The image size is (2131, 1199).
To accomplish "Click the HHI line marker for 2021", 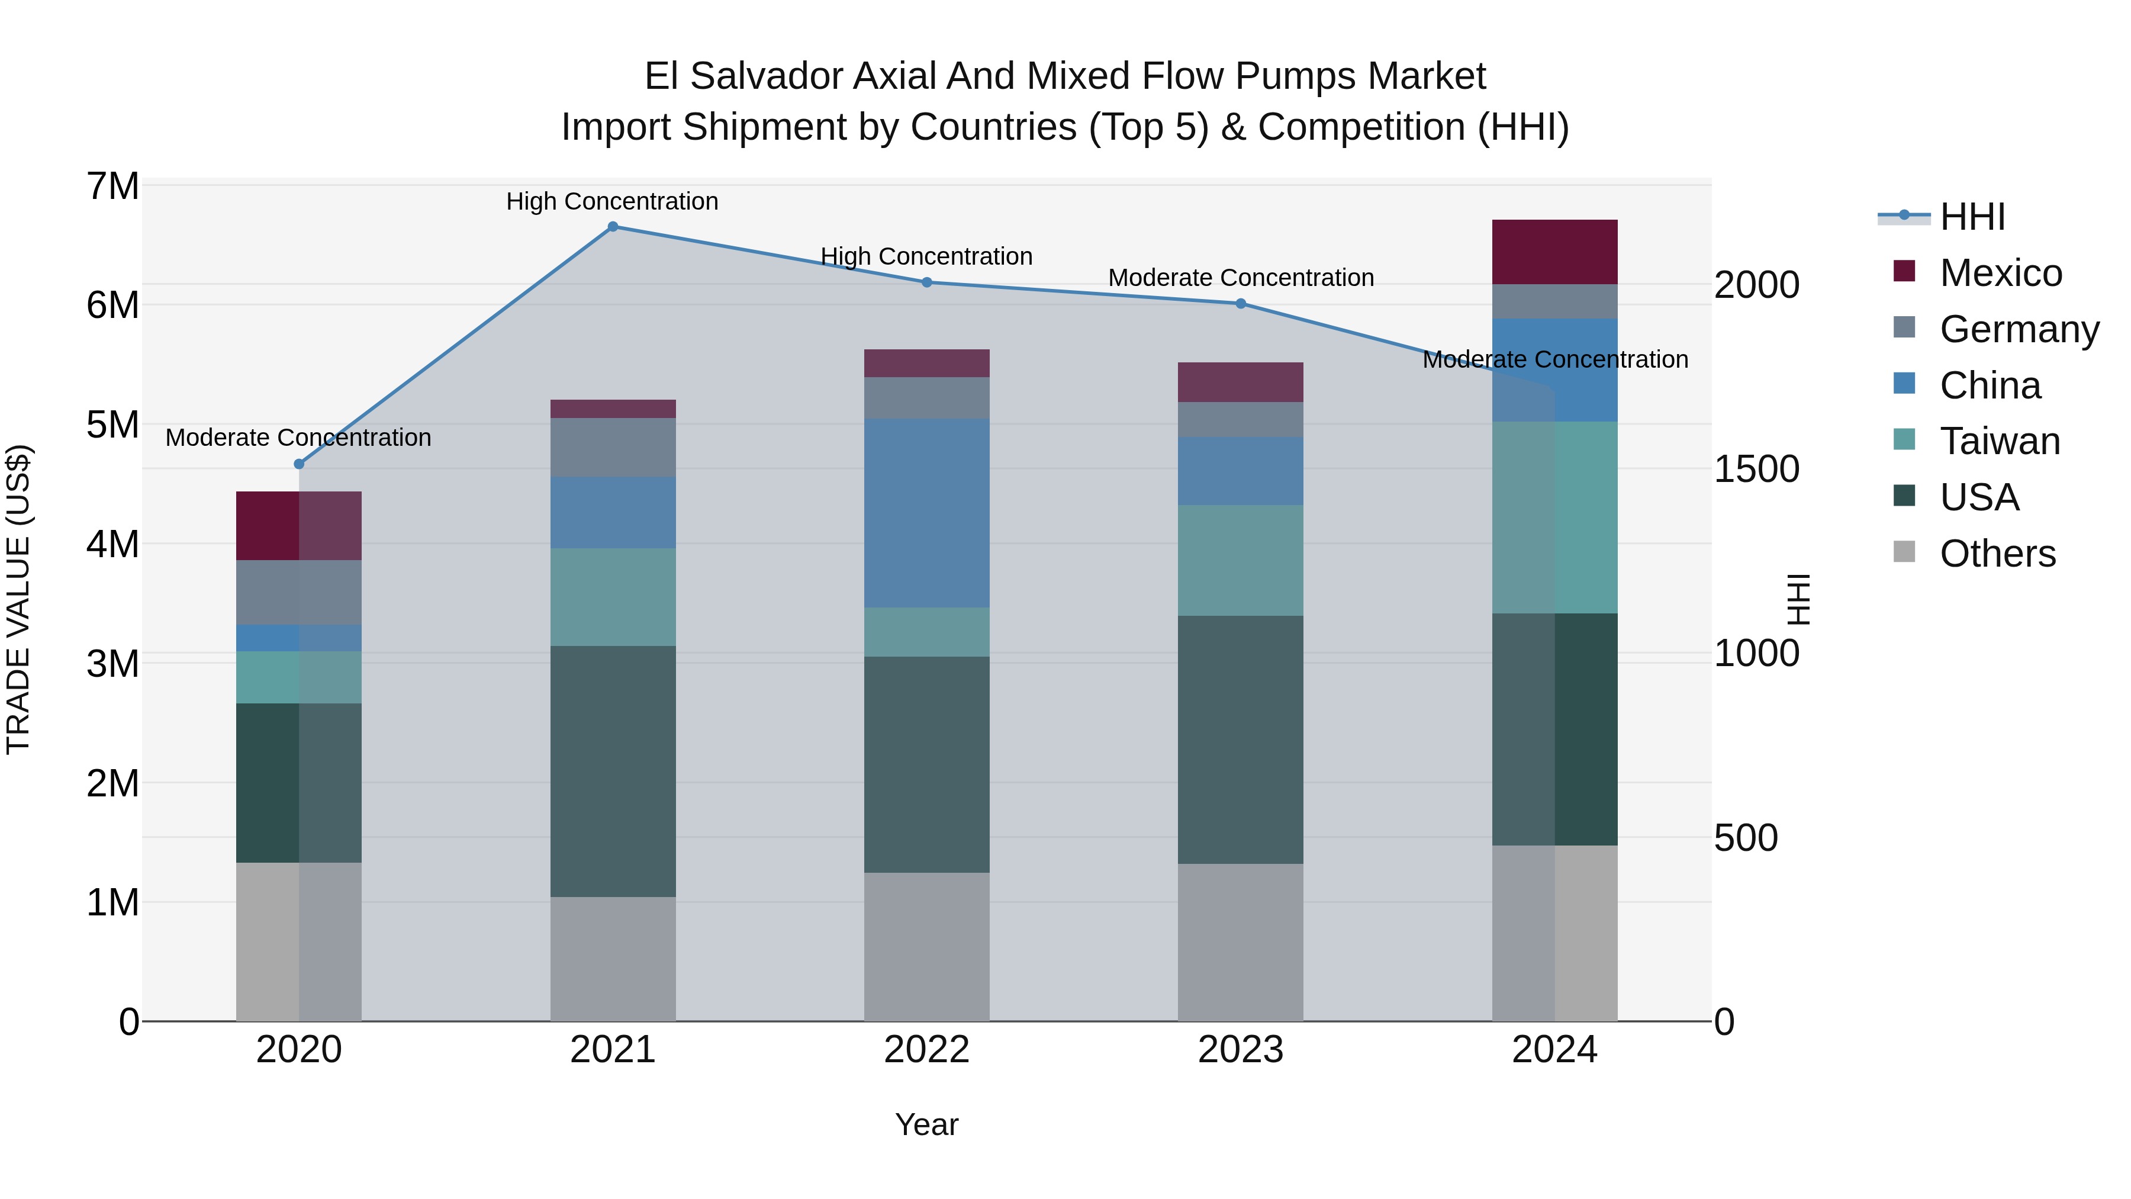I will point(613,227).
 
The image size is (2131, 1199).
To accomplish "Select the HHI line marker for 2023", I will point(1240,304).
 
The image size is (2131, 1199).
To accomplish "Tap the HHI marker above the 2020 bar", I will point(300,464).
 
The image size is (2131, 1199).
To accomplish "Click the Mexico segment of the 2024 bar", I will point(1554,252).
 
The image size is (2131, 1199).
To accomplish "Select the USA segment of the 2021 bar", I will point(613,771).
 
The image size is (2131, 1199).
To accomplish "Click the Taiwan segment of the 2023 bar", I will point(1240,560).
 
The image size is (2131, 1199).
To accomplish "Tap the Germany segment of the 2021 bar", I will point(613,447).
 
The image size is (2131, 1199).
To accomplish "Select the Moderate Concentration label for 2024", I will point(1554,359).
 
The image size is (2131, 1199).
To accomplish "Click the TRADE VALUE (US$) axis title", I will point(18,599).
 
